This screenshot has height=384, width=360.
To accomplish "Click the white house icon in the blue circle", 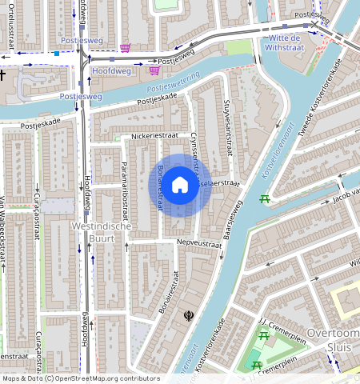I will (180, 185).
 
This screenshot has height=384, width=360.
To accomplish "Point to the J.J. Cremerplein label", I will (278, 322).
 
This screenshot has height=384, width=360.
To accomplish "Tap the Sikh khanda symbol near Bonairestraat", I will (189, 316).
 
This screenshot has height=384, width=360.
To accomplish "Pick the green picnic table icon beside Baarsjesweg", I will (264, 198).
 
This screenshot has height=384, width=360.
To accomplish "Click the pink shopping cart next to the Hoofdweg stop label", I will (154, 70).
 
